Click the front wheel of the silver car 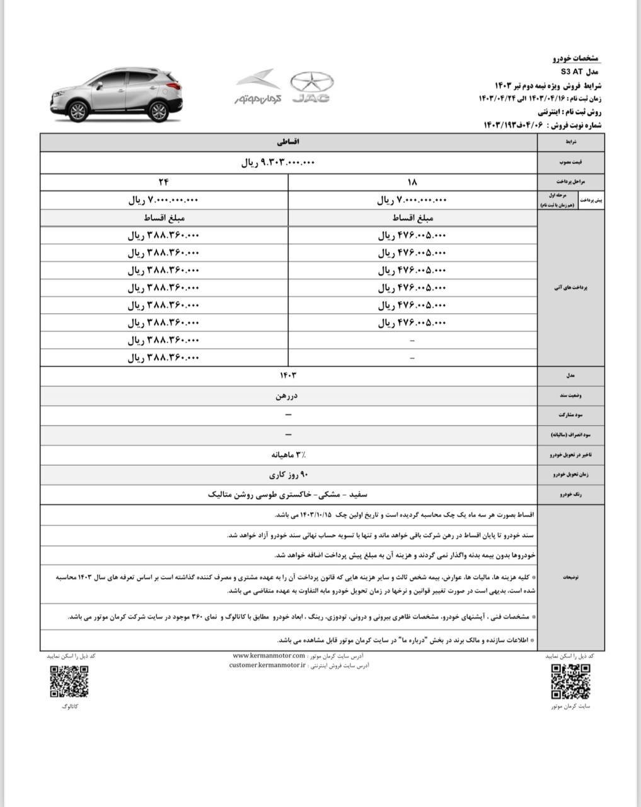point(78,112)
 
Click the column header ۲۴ point(164,182)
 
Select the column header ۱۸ point(412,182)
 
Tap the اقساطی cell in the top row point(287,143)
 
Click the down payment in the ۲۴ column point(164,200)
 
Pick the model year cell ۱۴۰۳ point(287,375)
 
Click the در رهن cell point(287,396)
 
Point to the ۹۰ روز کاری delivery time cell point(287,475)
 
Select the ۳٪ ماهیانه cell point(287,454)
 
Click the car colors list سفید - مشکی point(287,495)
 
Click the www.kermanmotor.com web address point(269,656)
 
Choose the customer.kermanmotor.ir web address point(267,665)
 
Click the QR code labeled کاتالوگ point(69,682)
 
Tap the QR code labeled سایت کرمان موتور point(570,682)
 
